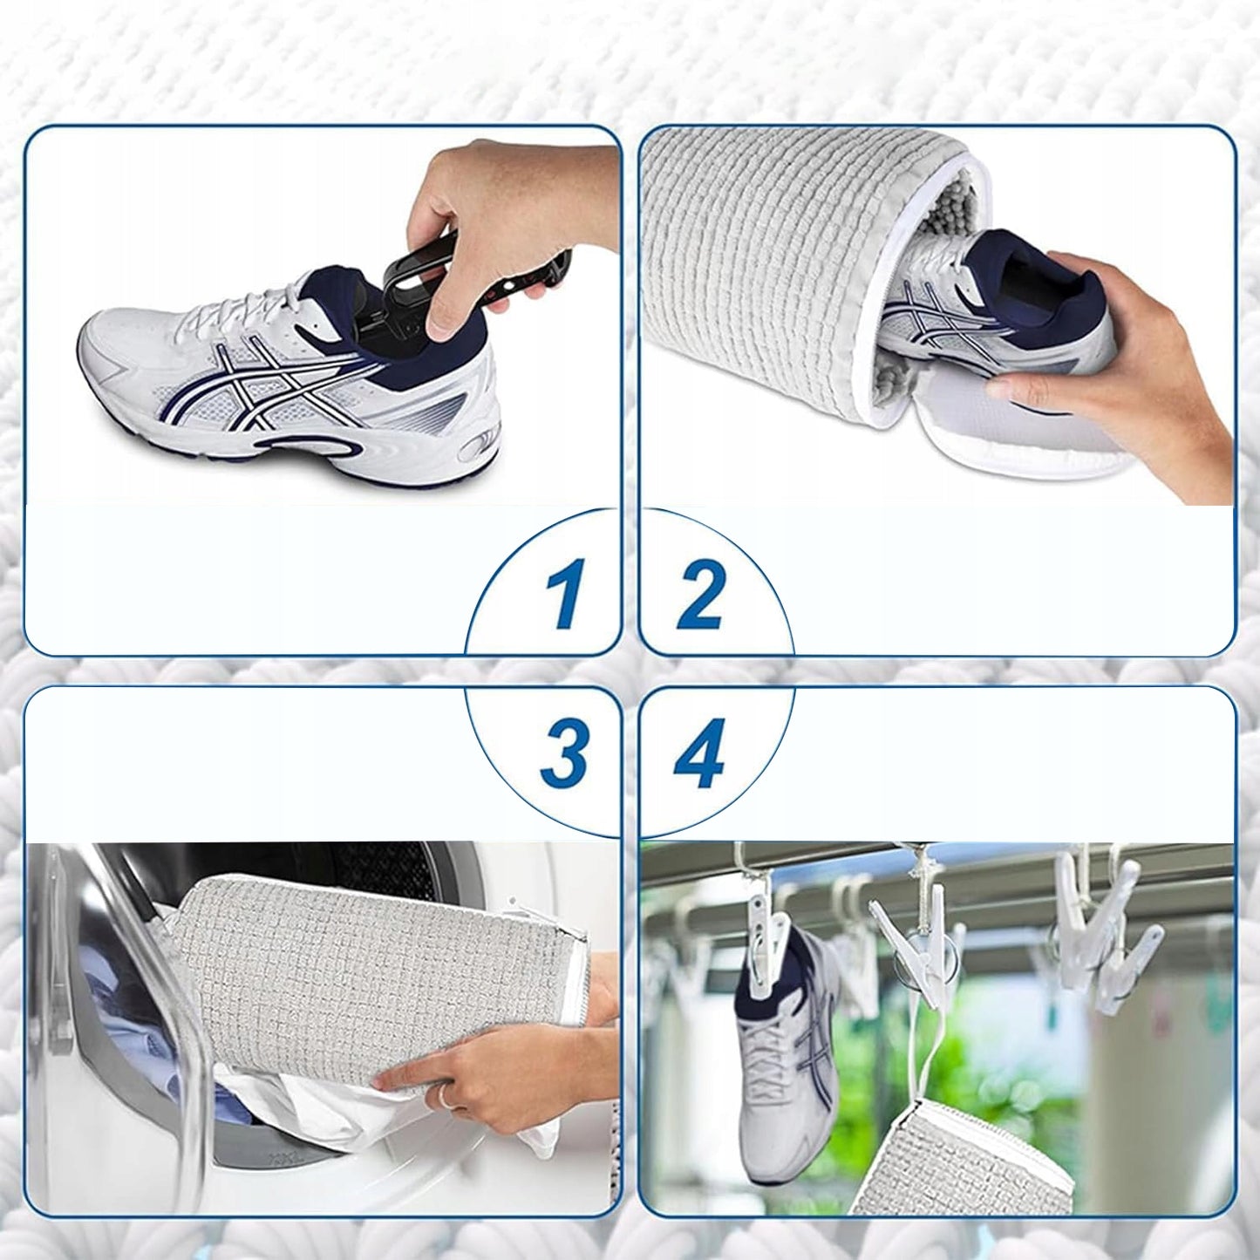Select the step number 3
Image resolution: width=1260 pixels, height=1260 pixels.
(562, 757)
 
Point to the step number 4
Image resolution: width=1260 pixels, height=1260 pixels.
(699, 757)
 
